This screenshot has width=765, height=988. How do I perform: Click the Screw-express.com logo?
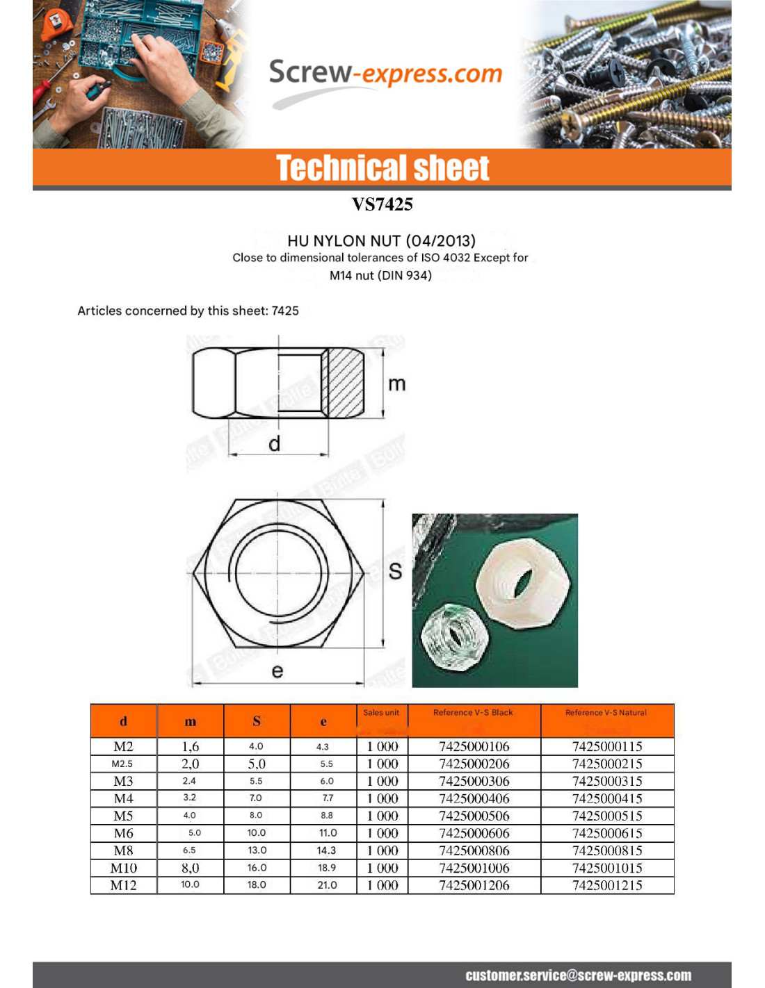(385, 74)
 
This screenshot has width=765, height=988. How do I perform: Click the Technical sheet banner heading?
(382, 168)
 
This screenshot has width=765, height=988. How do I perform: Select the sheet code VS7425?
(382, 204)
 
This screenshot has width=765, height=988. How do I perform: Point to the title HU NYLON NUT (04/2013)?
(381, 240)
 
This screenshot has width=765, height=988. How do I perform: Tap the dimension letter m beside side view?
(396, 384)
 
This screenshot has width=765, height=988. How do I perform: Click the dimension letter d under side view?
(275, 443)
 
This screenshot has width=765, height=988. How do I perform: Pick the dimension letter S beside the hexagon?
(395, 571)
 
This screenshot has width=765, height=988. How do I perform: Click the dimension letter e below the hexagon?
(277, 670)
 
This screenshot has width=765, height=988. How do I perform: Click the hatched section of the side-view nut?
(344, 381)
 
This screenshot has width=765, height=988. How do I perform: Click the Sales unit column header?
(381, 713)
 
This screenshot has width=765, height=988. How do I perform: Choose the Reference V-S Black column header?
(473, 713)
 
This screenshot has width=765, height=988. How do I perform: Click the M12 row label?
(123, 885)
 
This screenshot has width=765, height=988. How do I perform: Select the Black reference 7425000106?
(474, 746)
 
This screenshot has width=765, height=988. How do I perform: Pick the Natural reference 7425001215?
(607, 885)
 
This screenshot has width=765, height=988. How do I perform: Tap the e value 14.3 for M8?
(326, 850)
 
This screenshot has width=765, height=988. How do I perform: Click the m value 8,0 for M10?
(190, 868)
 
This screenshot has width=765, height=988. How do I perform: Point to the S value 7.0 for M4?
(256, 798)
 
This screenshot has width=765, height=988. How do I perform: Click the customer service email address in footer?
(578, 975)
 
